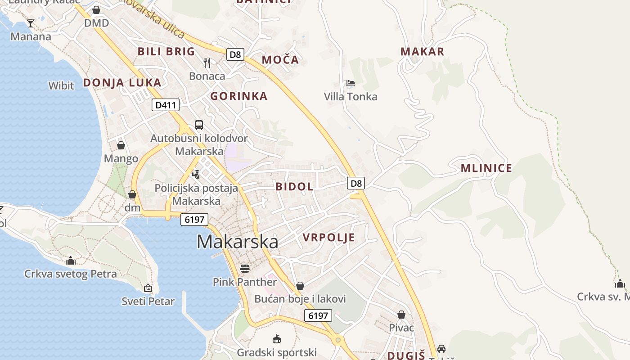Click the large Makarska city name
tap(237, 242)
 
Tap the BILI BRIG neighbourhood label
tap(166, 51)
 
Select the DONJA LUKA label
tap(122, 82)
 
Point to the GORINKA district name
tap(239, 96)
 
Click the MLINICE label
tap(486, 168)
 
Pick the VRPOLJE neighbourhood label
tap(328, 238)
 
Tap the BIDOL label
tap(294, 186)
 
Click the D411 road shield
tap(166, 105)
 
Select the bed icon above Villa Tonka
tap(351, 83)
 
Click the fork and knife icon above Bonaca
tap(207, 63)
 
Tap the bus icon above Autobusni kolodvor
tap(199, 125)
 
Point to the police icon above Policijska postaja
tap(196, 174)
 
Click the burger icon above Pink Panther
tap(245, 269)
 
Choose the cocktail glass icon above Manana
tap(31, 23)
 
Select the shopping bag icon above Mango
tap(121, 145)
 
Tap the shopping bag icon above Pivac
tap(401, 315)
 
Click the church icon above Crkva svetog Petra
tap(70, 261)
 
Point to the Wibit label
tap(61, 85)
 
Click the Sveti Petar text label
tap(148, 301)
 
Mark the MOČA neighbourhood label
tap(280, 59)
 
